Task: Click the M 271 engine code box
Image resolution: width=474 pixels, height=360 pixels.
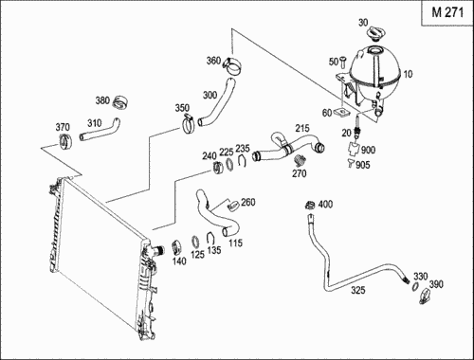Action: click(x=447, y=12)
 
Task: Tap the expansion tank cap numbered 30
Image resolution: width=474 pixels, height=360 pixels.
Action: click(x=375, y=33)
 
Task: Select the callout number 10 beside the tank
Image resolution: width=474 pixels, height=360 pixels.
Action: click(x=408, y=74)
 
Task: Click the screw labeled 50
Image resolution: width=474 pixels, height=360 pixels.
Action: click(x=343, y=62)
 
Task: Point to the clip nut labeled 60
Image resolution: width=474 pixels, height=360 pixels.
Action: click(x=341, y=111)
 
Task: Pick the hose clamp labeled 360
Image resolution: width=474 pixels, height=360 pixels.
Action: click(x=232, y=66)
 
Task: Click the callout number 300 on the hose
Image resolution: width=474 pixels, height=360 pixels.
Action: click(x=210, y=95)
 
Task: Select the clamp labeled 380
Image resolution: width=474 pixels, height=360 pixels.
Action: click(x=120, y=101)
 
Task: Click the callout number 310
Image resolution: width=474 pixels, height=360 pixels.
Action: click(x=94, y=122)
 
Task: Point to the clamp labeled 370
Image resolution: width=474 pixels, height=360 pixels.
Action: click(x=65, y=141)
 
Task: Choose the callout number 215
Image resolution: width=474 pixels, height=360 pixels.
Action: click(x=302, y=128)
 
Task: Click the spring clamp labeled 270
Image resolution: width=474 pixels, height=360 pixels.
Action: click(x=300, y=160)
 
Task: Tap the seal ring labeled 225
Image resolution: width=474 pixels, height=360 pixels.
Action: click(x=230, y=165)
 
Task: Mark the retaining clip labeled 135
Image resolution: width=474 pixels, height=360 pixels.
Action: click(x=210, y=238)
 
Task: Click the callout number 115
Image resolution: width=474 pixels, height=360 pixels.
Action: click(x=235, y=243)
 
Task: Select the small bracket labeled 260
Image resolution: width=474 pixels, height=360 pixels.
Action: click(x=233, y=205)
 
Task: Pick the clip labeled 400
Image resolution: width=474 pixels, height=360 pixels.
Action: click(x=309, y=205)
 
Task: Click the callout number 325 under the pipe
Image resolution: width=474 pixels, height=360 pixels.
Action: click(x=358, y=290)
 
